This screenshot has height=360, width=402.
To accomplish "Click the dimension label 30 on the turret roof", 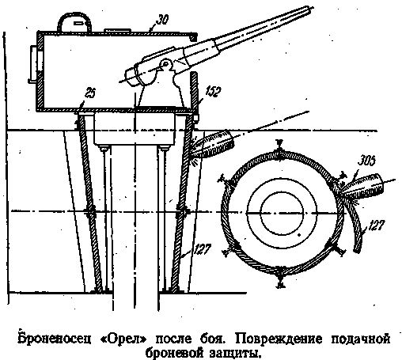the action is (x=162, y=19).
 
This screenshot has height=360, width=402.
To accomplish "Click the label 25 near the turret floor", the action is (x=90, y=93).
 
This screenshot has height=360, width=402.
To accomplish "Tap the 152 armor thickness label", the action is (x=213, y=92).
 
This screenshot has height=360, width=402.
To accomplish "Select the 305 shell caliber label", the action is (x=366, y=161).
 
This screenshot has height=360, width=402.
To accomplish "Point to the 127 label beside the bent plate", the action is (x=376, y=225).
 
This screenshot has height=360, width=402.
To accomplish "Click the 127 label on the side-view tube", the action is (x=203, y=249).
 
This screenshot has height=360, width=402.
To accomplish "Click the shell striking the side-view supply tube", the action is (x=214, y=145).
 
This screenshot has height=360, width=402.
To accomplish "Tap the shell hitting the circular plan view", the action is (x=362, y=188).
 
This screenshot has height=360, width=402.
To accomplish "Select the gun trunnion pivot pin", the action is (x=165, y=63).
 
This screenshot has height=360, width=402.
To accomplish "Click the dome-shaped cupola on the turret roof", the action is (x=74, y=22).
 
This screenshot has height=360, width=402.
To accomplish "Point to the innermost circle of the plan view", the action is (x=282, y=213).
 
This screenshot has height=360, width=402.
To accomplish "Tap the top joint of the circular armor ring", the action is (x=279, y=152).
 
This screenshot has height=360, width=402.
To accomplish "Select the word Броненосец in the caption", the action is (x=55, y=339).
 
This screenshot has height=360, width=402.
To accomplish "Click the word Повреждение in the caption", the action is (x=279, y=339).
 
